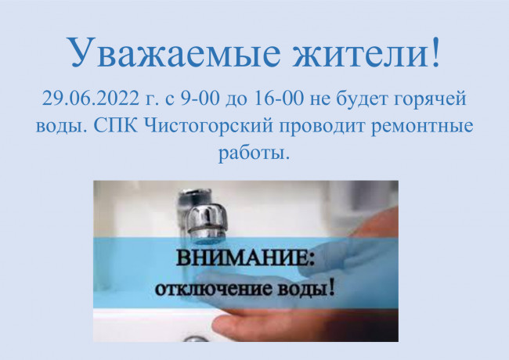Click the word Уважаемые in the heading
[173, 52]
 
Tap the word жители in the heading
[359, 52]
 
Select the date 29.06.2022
[90, 98]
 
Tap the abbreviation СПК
[116, 126]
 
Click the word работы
[253, 153]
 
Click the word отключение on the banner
[213, 289]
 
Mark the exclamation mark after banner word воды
[331, 287]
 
